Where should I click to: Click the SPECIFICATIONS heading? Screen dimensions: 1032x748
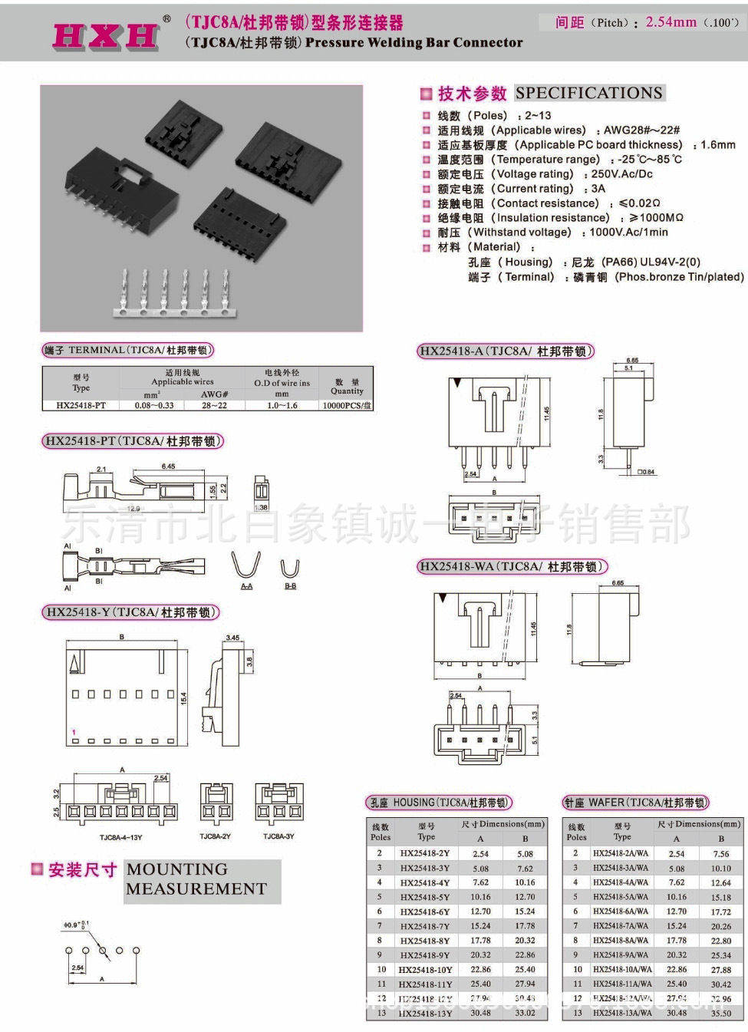tap(588, 93)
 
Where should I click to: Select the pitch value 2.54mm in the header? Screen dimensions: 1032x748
tap(671, 22)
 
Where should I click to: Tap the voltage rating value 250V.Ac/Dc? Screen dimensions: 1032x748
tap(621, 174)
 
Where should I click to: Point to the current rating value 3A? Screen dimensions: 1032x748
tap(598, 189)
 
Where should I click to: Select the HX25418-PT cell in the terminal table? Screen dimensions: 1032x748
tap(81, 405)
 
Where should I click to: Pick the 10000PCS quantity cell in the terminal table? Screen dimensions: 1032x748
tap(348, 405)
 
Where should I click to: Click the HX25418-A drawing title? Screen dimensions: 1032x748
tap(506, 352)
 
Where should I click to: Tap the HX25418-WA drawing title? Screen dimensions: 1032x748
tap(512, 567)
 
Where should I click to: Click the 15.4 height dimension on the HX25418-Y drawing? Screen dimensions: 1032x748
tap(183, 697)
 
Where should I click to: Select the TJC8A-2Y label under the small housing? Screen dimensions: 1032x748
tap(215, 836)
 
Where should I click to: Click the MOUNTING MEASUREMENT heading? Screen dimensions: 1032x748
tap(196, 879)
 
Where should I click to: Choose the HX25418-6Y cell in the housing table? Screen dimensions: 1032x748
tap(424, 912)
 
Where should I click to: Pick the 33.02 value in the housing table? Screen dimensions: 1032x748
tap(525, 1013)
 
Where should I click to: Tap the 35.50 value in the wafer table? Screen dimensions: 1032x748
tap(720, 1013)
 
